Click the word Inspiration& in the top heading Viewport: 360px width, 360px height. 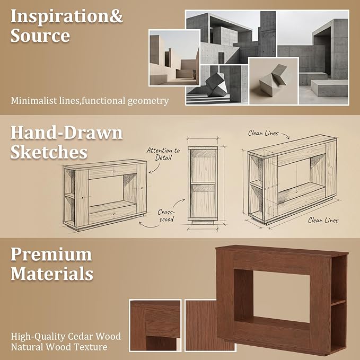67,16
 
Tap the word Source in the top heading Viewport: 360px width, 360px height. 40,36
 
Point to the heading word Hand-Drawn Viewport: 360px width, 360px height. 67,133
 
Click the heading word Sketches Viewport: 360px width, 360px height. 49,152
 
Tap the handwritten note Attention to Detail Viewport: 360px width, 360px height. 163,154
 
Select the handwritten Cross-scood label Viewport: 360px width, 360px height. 166,215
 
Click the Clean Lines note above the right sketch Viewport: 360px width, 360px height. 263,133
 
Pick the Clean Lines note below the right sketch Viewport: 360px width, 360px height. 323,220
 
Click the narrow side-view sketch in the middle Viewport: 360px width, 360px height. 203,185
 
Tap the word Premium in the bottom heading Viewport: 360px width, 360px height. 51,254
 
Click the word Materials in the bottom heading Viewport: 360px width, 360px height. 52,274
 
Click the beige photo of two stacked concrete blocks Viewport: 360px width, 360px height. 274,81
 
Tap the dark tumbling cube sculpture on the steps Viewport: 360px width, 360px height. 217,84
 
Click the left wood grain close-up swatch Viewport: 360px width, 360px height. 155,325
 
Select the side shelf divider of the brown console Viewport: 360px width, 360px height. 338,302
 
